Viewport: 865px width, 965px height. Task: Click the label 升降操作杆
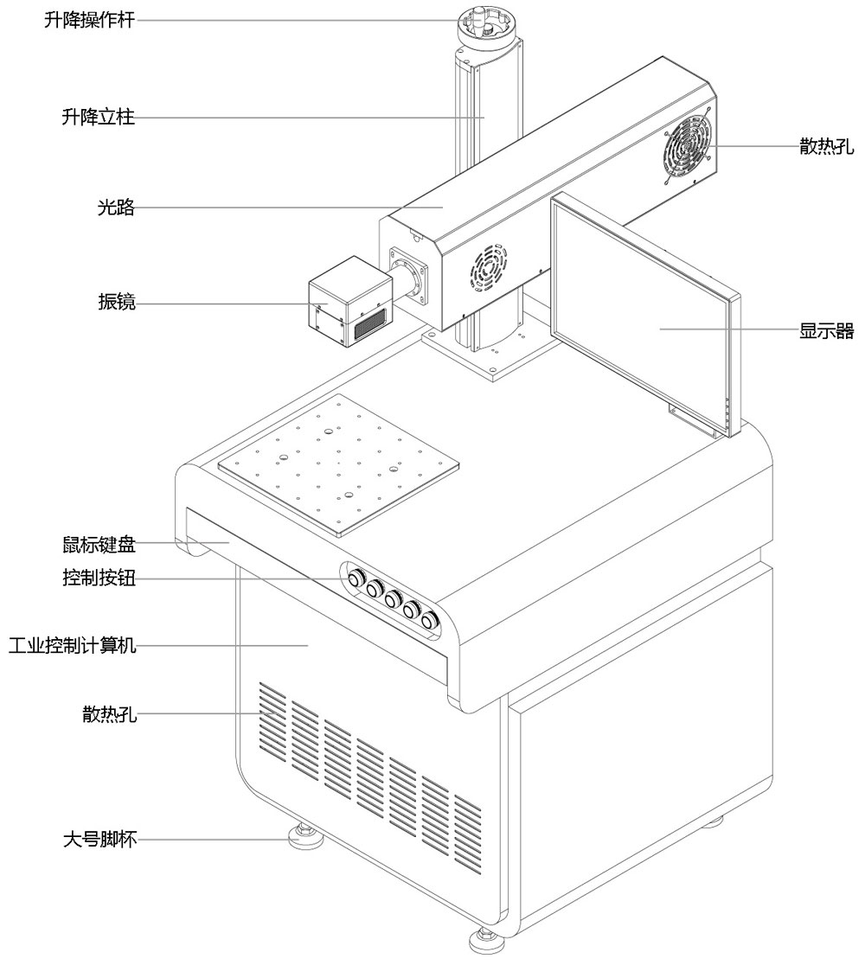pyautogui.click(x=90, y=20)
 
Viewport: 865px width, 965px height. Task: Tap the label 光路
pyautogui.click(x=116, y=208)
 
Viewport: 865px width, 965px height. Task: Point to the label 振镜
pyautogui.click(x=116, y=304)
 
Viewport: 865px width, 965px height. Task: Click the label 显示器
pyautogui.click(x=826, y=330)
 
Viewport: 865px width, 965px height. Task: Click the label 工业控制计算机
pyautogui.click(x=71, y=645)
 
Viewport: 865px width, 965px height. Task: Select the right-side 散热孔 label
pyautogui.click(x=826, y=147)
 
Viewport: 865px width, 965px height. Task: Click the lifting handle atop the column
pyautogui.click(x=486, y=24)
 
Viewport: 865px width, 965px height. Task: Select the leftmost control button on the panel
pyautogui.click(x=356, y=576)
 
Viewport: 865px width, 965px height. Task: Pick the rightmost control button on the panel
pyautogui.click(x=429, y=620)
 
